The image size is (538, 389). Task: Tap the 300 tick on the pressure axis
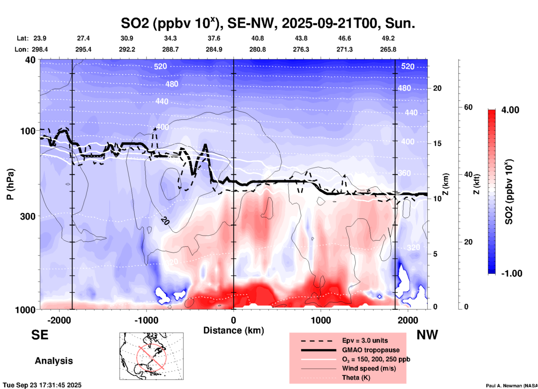[28, 216]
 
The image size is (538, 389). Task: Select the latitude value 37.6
[214, 38]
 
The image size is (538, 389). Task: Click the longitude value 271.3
[344, 49]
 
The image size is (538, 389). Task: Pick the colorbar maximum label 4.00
[510, 110]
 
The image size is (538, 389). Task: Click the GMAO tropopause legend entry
[371, 350]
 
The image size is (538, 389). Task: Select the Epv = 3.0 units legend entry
[365, 340]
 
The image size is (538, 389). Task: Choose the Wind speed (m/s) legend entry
[369, 368]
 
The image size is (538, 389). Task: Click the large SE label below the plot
[40, 335]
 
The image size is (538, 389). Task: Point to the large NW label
[427, 335]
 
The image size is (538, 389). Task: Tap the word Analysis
[54, 361]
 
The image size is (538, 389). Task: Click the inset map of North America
[151, 356]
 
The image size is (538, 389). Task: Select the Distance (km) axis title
[234, 330]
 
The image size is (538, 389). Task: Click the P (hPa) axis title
[10, 184]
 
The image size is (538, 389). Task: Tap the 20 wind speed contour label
[165, 221]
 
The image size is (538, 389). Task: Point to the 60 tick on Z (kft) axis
[468, 107]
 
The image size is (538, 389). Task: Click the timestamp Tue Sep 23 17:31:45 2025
[42, 385]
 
